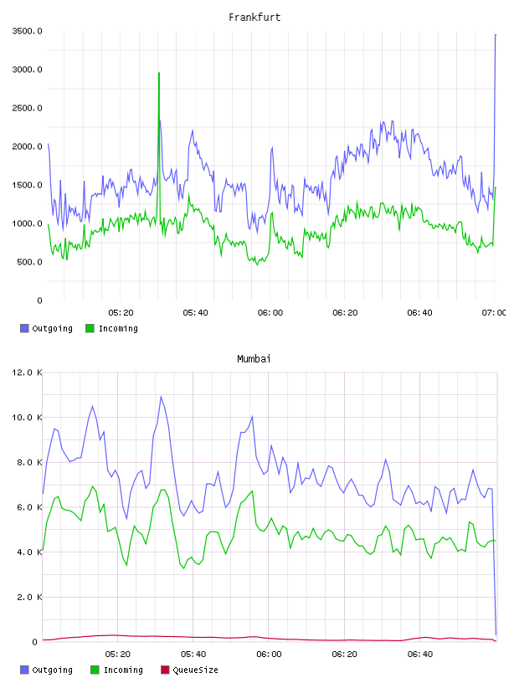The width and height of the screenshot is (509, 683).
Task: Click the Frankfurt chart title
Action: (254, 18)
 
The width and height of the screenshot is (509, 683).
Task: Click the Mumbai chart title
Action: (254, 359)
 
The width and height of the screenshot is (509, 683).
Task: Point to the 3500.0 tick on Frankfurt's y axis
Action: (28, 31)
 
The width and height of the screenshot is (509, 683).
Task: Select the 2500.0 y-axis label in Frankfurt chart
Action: (28, 108)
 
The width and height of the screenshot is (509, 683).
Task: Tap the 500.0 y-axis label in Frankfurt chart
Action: (29, 262)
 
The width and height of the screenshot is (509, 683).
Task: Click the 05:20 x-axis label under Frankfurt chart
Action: (121, 313)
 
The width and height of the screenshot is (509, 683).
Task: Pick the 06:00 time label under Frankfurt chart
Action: (270, 313)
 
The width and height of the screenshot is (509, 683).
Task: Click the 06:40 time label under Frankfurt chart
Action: (419, 313)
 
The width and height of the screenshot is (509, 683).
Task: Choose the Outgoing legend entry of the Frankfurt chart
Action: (46, 328)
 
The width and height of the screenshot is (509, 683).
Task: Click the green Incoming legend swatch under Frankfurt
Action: (90, 328)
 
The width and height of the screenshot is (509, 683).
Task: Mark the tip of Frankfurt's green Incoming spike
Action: (159, 73)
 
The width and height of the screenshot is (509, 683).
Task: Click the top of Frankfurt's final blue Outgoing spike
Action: (496, 34)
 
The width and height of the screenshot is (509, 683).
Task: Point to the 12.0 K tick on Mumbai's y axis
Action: (28, 372)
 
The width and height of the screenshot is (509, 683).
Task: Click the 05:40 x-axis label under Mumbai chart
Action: (193, 655)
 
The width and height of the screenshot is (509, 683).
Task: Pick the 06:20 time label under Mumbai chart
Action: (345, 655)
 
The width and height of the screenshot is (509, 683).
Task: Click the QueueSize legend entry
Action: (189, 670)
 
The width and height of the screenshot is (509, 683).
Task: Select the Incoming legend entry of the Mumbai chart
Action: (117, 670)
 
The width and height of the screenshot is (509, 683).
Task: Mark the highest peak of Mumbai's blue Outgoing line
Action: (161, 397)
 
